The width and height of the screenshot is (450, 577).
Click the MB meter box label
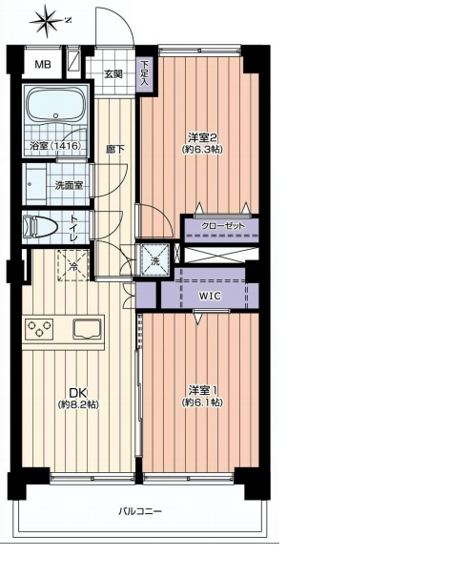[43, 65]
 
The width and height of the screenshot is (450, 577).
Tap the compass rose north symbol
[48, 21]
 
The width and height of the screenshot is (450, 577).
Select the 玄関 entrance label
[112, 74]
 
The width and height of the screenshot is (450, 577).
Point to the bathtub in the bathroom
[55, 105]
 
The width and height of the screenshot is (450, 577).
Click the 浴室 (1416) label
[55, 146]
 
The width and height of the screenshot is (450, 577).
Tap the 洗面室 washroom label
[67, 185]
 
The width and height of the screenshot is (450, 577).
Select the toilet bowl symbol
[39, 226]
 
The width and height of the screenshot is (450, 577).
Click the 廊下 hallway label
[115, 150]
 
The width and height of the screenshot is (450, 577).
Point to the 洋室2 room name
[201, 138]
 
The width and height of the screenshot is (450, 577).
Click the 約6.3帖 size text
[202, 150]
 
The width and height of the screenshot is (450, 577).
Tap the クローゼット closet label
[222, 226]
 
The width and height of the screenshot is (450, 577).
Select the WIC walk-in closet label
[210, 296]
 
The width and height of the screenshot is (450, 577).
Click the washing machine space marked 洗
[155, 259]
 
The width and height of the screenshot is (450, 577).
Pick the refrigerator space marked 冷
[73, 265]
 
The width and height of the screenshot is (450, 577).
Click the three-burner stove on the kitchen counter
[39, 329]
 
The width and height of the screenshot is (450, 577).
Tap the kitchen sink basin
[87, 329]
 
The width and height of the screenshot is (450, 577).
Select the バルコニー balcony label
[140, 511]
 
